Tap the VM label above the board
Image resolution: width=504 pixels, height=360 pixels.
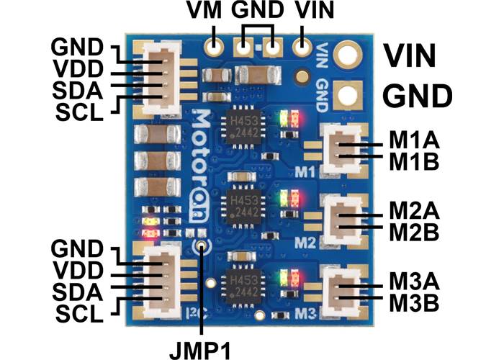pos(204,10)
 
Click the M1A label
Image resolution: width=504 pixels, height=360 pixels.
pos(414,140)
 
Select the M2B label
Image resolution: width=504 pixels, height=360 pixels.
pos(414,232)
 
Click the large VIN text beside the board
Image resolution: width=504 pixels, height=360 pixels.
pos(410,56)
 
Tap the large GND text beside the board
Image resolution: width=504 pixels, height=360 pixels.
pos(417,96)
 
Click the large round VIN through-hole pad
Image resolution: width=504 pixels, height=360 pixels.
pos(347,53)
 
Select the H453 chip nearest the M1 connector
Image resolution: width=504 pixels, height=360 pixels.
pos(243,127)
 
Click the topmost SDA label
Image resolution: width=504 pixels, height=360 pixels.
pos(78,91)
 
